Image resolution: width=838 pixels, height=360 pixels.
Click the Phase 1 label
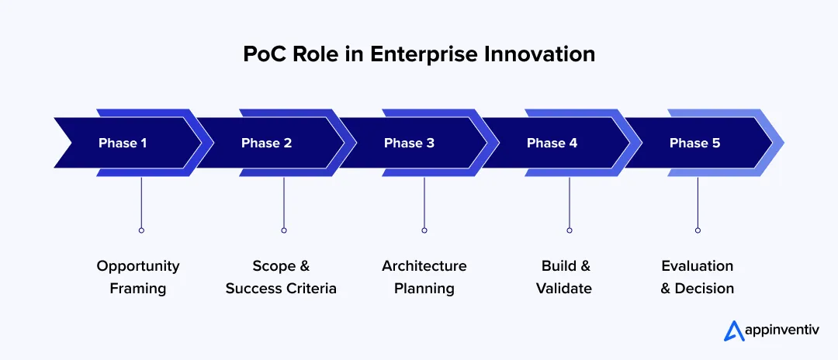pyautogui.click(x=123, y=143)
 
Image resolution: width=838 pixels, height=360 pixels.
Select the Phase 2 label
pyautogui.click(x=266, y=143)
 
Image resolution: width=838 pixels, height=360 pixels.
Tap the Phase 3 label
pyautogui.click(x=409, y=143)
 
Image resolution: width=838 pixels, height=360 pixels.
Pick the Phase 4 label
pyautogui.click(x=552, y=143)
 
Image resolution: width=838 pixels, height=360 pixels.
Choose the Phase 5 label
pyautogui.click(x=694, y=143)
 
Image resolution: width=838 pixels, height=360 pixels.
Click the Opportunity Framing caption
pyautogui.click(x=138, y=277)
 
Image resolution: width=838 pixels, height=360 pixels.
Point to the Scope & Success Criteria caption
pyautogui.click(x=281, y=277)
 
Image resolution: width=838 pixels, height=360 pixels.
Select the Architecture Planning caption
pyautogui.click(x=424, y=277)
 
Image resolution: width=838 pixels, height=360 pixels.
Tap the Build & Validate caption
pyautogui.click(x=566, y=277)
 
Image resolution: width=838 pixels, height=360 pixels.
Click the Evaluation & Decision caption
pyautogui.click(x=697, y=277)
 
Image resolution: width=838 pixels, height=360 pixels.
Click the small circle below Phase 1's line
pyautogui.click(x=141, y=230)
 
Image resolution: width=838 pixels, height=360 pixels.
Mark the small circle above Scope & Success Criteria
pyautogui.click(x=284, y=230)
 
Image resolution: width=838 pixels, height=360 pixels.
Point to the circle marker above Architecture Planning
pyautogui.click(x=424, y=230)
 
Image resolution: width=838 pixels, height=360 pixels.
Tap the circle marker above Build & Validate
pyautogui.click(x=570, y=230)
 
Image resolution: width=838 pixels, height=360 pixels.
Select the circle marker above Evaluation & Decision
pyautogui.click(x=698, y=230)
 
